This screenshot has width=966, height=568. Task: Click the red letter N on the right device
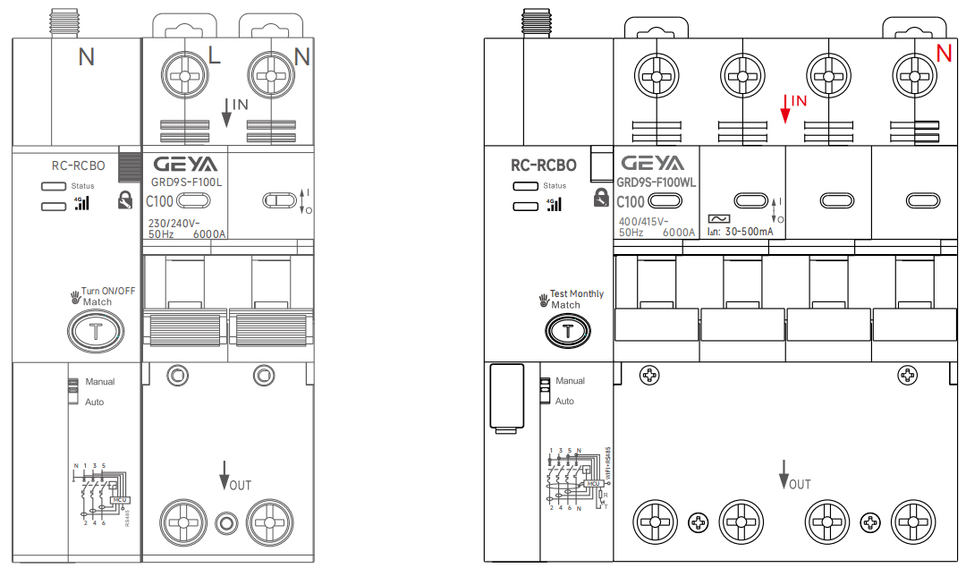pos(944,54)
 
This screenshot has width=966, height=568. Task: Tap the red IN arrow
pos(785,108)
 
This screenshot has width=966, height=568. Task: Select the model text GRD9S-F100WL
pos(657,182)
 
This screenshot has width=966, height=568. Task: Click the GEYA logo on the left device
pos(184,165)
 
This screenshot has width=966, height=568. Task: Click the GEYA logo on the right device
pos(652,164)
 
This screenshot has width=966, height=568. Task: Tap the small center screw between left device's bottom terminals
pos(227,522)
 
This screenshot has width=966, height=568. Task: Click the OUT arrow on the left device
pos(225,475)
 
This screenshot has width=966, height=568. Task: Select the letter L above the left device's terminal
pos(215,56)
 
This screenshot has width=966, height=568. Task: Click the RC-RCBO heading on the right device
pos(544,165)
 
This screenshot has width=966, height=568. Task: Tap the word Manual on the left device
pos(100,382)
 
